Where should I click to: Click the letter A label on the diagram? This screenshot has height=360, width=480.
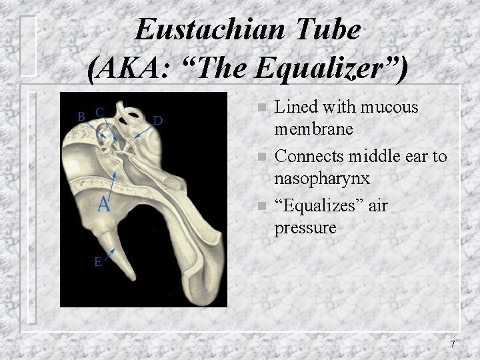point(103,203)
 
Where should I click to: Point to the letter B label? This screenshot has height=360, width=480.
point(81,116)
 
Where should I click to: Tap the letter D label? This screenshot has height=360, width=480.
point(158,121)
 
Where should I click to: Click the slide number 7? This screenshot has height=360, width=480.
point(453,344)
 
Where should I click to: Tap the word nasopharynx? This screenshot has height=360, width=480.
point(323,179)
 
